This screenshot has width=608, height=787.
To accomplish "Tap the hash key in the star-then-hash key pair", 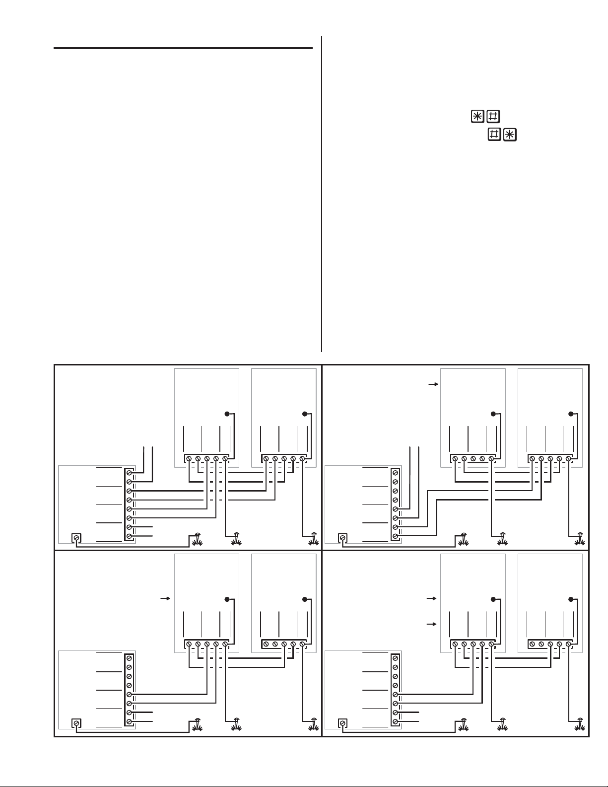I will [493, 117].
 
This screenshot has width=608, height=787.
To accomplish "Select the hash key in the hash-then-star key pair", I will [494, 135].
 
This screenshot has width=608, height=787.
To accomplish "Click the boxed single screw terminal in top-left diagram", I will [76, 538].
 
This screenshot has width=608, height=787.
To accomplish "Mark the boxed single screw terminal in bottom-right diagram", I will [342, 723].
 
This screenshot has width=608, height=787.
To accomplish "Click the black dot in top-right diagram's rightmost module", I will [571, 414].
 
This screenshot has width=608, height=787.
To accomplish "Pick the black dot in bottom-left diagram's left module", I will [227, 599].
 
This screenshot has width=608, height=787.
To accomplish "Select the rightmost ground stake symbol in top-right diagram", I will [579, 538].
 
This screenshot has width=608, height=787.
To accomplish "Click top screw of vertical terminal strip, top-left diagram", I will [129, 473].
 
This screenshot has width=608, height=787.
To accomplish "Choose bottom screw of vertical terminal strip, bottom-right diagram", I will [395, 721].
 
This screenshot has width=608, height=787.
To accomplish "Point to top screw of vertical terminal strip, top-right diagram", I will [395, 473].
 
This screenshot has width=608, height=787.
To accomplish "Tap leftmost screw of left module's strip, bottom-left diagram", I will [189, 644].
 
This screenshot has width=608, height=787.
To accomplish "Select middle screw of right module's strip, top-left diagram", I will [284, 459].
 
